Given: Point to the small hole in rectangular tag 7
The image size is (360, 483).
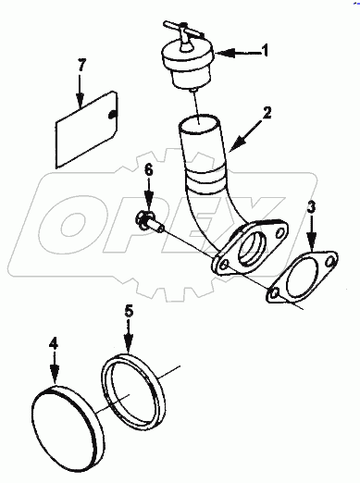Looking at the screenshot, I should click(x=112, y=114).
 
